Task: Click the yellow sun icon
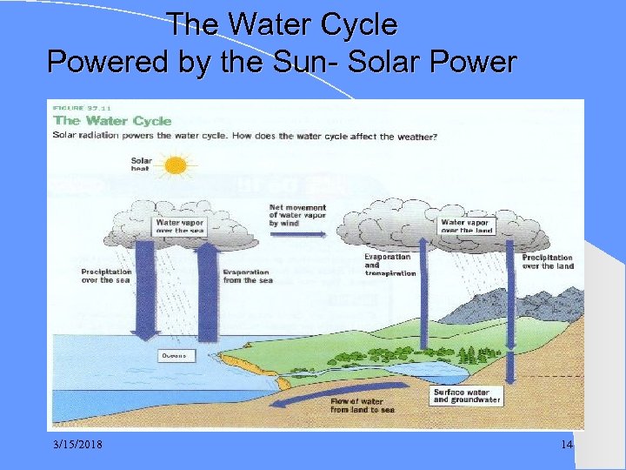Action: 176,164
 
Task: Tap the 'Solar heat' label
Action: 141,164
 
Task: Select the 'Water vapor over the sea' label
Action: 180,226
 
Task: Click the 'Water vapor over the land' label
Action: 466,226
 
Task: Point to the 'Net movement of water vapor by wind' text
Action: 297,216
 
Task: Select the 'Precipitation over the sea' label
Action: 107,276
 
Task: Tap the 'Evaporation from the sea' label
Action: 247,276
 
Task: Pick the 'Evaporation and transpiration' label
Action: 390,265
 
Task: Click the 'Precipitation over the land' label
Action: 548,261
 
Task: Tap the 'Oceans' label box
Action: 177,356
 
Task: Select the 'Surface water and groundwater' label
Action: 466,396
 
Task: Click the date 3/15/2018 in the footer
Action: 77,445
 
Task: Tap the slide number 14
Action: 567,445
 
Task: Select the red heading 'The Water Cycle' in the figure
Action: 113,121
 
